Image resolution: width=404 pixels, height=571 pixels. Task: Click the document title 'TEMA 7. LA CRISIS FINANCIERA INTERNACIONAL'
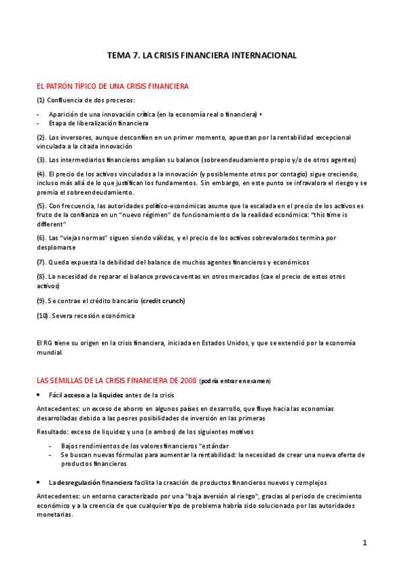[202, 56]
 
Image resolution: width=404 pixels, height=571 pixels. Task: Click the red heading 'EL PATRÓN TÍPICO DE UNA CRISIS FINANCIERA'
[112, 86]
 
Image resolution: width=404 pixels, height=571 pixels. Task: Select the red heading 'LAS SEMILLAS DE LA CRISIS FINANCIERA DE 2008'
[117, 380]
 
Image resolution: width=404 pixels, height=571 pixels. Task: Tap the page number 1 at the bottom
[364, 543]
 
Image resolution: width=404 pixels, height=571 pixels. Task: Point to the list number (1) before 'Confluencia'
[40, 100]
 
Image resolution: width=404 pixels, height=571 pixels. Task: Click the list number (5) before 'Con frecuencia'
[41, 205]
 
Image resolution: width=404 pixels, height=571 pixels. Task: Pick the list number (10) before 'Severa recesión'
[42, 315]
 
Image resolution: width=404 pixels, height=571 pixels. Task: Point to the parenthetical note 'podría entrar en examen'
[235, 381]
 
